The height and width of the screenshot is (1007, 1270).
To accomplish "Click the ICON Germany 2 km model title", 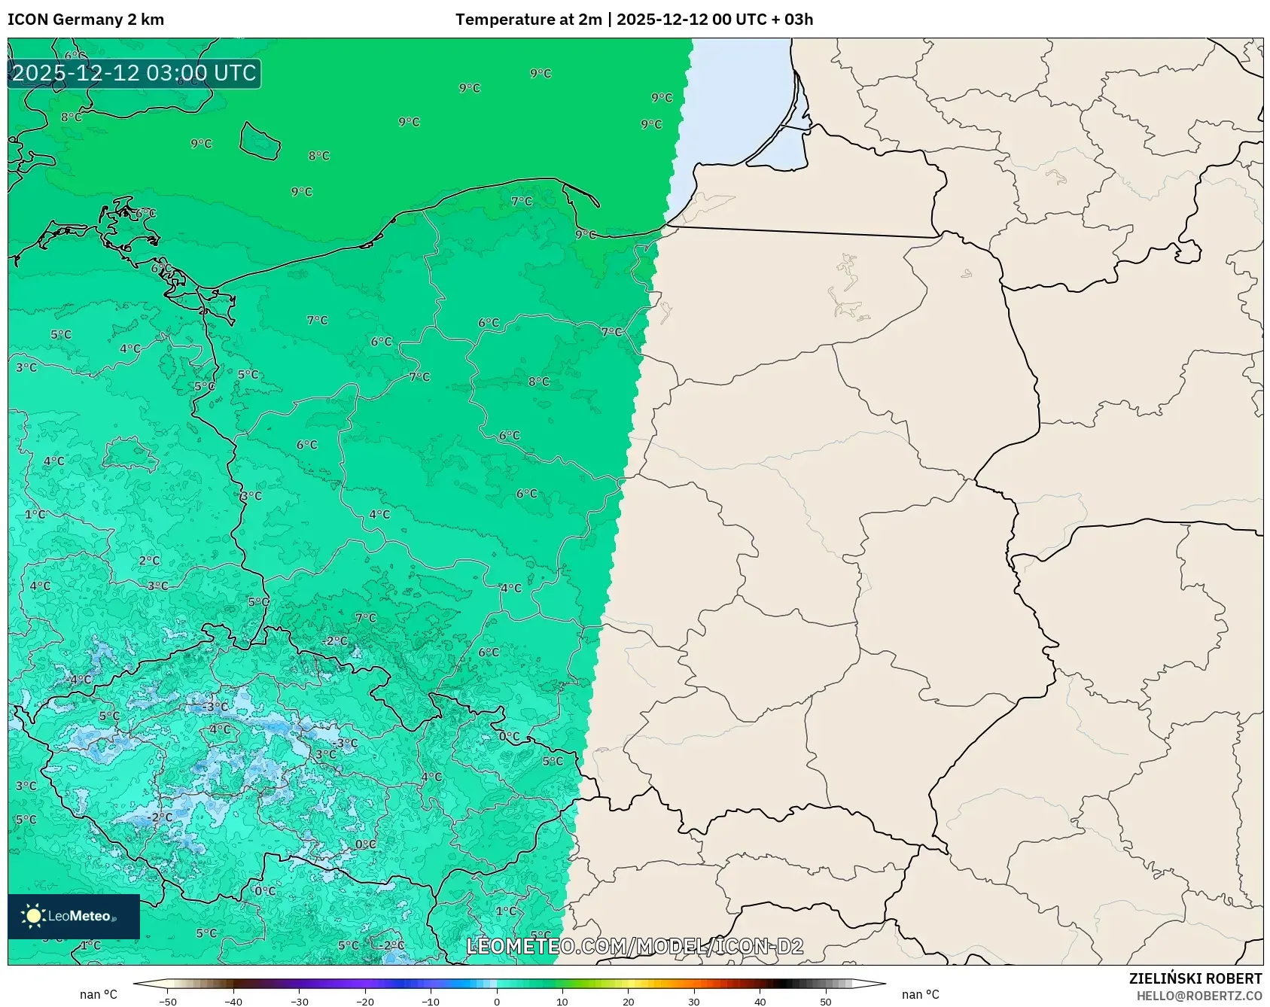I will click(86, 20).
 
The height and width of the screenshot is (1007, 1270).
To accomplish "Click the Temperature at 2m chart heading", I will click(634, 20).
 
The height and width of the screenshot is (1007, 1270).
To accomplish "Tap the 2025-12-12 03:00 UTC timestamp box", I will click(134, 73).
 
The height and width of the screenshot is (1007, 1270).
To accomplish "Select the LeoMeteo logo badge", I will click(74, 916).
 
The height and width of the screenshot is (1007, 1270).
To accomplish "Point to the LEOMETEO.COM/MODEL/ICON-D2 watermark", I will click(635, 946).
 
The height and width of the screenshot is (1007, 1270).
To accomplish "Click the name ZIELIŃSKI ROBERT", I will click(1195, 978).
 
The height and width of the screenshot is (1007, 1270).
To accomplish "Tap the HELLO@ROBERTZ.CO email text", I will click(1198, 996).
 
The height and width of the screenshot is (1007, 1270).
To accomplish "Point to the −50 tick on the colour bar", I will click(168, 1002).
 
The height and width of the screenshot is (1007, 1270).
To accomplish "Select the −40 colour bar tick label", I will click(233, 1002).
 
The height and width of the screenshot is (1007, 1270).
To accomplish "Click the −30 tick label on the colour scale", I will click(299, 1002).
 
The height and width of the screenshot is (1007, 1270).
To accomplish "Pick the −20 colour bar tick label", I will click(365, 1002).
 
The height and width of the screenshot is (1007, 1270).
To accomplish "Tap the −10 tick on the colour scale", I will click(431, 1002).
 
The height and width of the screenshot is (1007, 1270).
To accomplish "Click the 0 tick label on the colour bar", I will click(497, 1002).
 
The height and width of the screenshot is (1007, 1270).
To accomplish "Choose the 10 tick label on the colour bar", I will click(562, 1002).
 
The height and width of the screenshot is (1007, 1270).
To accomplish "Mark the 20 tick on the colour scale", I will click(628, 1002).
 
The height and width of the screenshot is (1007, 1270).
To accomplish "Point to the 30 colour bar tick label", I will click(694, 1002).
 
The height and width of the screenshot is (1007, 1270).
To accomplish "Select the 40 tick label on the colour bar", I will click(760, 1002).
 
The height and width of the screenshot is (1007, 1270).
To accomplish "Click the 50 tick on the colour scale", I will click(826, 1002).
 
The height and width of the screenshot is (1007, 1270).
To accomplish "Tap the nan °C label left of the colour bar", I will click(99, 995).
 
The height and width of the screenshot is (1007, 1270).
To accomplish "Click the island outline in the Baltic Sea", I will click(260, 141).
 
